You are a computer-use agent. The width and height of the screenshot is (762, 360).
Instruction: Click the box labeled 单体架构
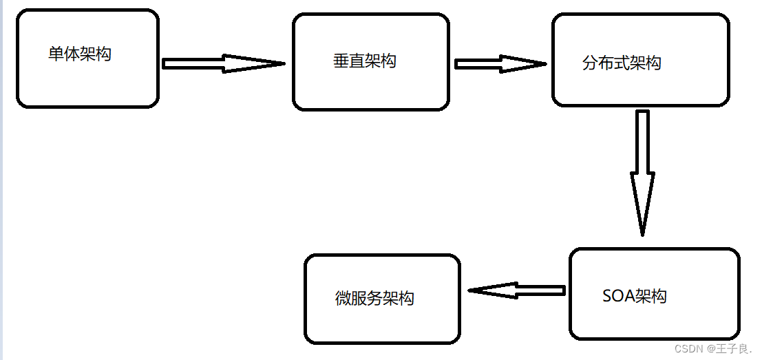click(87, 59)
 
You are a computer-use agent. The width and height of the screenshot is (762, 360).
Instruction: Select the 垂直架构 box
click(371, 62)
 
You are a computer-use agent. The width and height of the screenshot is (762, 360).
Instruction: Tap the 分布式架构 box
click(640, 61)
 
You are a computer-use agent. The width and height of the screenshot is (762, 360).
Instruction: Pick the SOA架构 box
click(654, 294)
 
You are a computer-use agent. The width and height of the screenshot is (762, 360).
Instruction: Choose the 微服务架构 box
click(382, 299)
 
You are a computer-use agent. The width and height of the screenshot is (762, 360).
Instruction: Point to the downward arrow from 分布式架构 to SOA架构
click(642, 172)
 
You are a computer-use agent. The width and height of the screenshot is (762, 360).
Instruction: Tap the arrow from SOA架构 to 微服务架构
click(516, 290)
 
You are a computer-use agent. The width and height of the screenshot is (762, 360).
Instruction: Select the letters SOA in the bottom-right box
click(617, 297)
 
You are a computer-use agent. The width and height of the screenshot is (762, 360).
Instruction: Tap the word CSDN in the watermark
click(689, 349)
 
